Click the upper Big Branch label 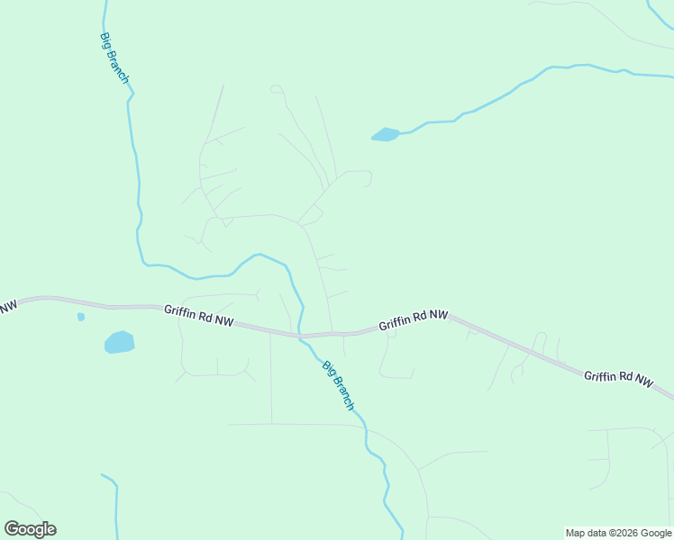pyautogui.click(x=114, y=59)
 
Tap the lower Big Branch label pyautogui.click(x=338, y=385)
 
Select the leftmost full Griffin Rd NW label pyautogui.click(x=198, y=315)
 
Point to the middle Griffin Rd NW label pyautogui.click(x=413, y=319)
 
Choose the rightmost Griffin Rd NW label pyautogui.click(x=618, y=378)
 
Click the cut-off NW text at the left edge pyautogui.click(x=7, y=308)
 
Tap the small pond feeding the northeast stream pyautogui.click(x=385, y=135)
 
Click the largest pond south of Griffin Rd pyautogui.click(x=119, y=342)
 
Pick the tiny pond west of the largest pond pyautogui.click(x=81, y=317)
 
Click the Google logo pyautogui.click(x=30, y=529)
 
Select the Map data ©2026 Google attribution pyautogui.click(x=618, y=533)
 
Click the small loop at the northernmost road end pyautogui.click(x=276, y=88)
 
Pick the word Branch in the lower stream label pyautogui.click(x=342, y=392)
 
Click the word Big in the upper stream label pyautogui.click(x=106, y=41)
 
